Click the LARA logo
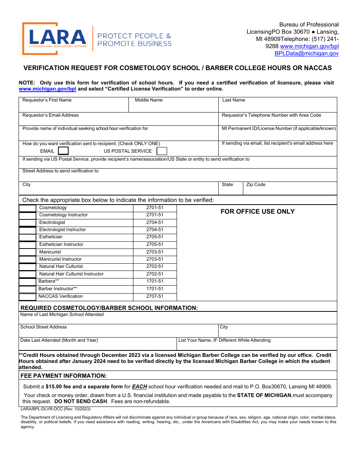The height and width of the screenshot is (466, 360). point(58,39)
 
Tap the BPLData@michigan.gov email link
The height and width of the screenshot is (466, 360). point(306,53)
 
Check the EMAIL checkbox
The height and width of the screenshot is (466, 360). point(63,151)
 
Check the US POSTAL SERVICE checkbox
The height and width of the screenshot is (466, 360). point(162,151)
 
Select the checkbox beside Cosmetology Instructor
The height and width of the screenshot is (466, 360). point(28,216)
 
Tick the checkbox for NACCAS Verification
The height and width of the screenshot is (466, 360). point(28,297)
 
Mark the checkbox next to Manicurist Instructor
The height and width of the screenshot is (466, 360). point(28,260)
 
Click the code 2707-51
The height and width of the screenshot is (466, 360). point(155,297)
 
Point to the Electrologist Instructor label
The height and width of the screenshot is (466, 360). point(63,230)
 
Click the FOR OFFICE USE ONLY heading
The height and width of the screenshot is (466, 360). point(257,211)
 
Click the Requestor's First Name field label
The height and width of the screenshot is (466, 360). point(47,100)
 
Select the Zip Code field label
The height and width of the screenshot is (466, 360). point(256,185)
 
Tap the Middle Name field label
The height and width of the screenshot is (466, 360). point(149,100)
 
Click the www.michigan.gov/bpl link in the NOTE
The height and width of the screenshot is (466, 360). point(47,89)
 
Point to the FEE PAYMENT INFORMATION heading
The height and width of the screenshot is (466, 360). point(64,376)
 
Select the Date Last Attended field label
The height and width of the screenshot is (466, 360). point(59,340)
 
